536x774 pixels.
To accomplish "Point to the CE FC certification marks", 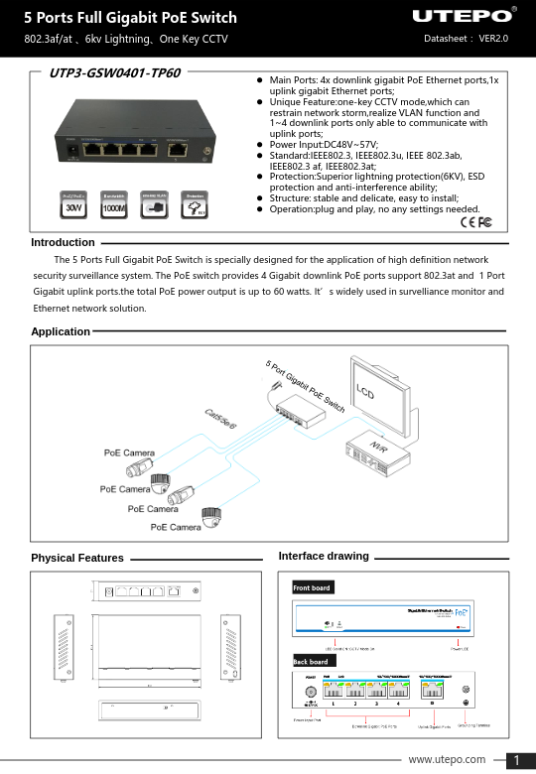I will click(x=476, y=220).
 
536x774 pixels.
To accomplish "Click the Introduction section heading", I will click(x=63, y=242).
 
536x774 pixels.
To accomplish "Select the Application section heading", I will click(x=61, y=331).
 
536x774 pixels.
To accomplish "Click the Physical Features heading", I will click(x=77, y=559).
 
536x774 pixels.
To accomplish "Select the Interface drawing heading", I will click(x=324, y=556).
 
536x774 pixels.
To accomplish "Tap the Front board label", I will click(x=312, y=588).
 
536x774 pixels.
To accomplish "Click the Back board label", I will click(x=311, y=661).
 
